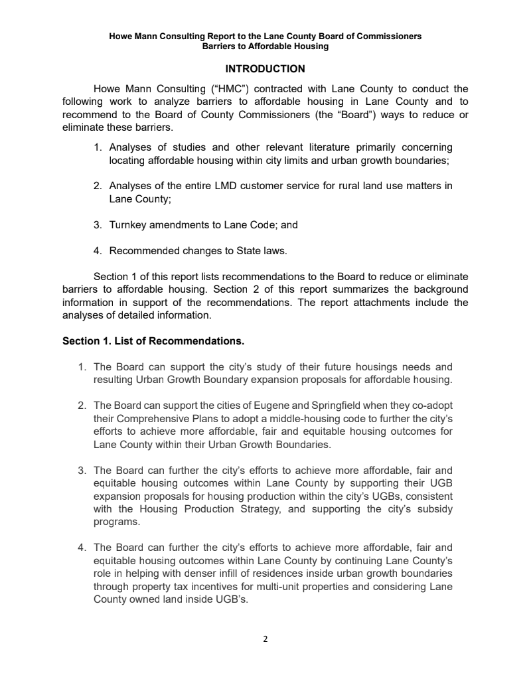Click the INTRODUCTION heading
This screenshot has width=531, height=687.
coord(265,69)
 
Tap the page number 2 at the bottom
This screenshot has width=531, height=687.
coord(265,639)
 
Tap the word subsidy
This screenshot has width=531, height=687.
coord(435,510)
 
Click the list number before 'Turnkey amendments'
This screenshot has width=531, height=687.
coord(98,225)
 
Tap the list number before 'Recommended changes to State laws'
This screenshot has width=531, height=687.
coord(98,251)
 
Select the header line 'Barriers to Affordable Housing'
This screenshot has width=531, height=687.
coord(265,46)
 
